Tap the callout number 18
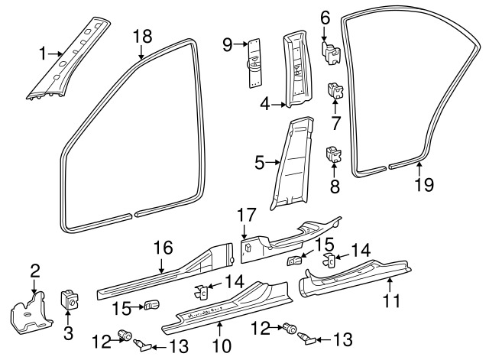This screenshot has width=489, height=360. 142,36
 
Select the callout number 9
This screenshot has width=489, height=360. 227,46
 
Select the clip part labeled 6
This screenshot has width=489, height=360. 331,53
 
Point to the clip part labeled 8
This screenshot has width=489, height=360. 333,155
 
